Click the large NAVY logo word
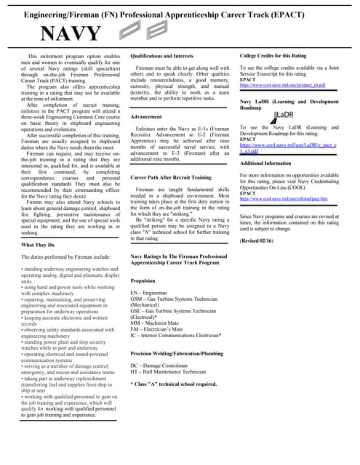tap(70, 34)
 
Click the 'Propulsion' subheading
tap(143, 279)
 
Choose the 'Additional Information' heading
tap(270, 163)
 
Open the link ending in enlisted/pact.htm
tap(284, 198)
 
